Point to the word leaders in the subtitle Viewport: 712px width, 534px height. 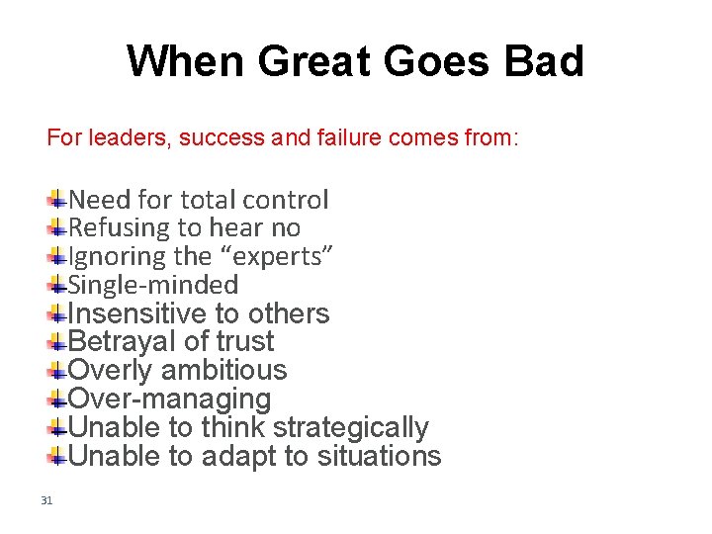pos(129,137)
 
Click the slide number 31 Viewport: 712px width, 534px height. pos(46,500)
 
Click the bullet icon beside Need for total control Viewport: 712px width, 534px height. pos(58,200)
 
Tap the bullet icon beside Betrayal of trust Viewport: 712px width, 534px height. pos(58,342)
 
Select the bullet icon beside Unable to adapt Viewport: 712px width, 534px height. pos(58,457)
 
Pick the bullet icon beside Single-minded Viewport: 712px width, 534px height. pos(58,286)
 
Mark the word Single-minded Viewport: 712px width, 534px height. pos(153,286)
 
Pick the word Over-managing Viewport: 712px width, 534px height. pos(169,400)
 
